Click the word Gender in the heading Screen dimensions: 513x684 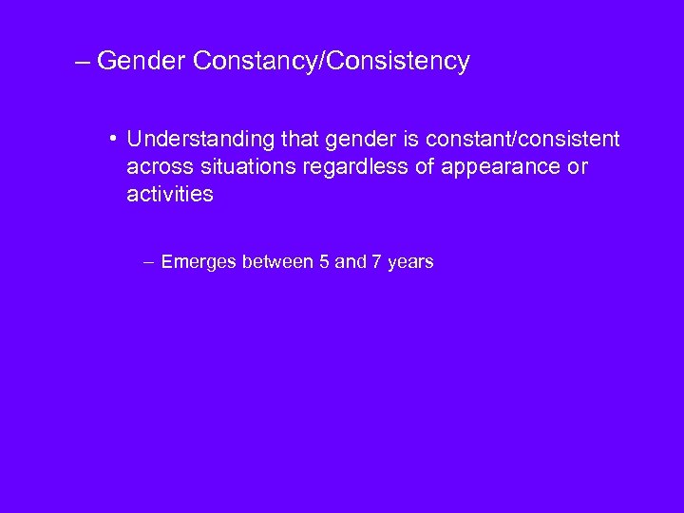pyautogui.click(x=140, y=62)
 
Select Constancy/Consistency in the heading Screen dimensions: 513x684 pyautogui.click(x=331, y=62)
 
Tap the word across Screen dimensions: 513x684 pyautogui.click(x=157, y=167)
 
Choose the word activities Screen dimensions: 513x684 pyautogui.click(x=170, y=194)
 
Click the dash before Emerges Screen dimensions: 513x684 pyautogui.click(x=150, y=262)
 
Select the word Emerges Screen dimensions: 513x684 pyautogui.click(x=199, y=262)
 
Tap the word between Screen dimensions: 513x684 pyautogui.click(x=280, y=261)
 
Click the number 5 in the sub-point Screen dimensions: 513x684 pyautogui.click(x=326, y=261)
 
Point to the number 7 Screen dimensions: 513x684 pyautogui.click(x=377, y=261)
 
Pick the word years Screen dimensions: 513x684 pyautogui.click(x=410, y=262)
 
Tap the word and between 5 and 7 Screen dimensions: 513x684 pyautogui.click(x=351, y=261)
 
